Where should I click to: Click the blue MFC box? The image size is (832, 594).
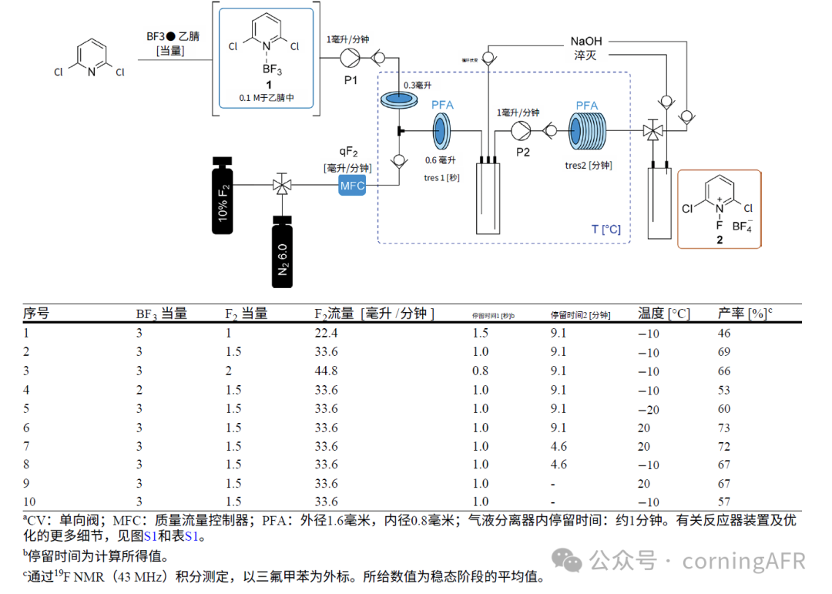351,185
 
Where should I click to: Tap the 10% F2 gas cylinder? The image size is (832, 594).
223,196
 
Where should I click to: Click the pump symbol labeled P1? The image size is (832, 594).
351,58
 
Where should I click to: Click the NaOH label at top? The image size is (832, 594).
586,41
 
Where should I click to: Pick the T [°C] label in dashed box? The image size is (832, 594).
606,230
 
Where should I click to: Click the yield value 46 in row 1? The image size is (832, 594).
724,334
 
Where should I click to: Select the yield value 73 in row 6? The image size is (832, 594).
724,428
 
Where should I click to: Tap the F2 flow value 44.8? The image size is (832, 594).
326,371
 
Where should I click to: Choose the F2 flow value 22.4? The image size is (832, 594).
326,334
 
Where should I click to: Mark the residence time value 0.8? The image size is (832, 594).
481,371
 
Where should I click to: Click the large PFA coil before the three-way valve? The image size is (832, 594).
587,131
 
